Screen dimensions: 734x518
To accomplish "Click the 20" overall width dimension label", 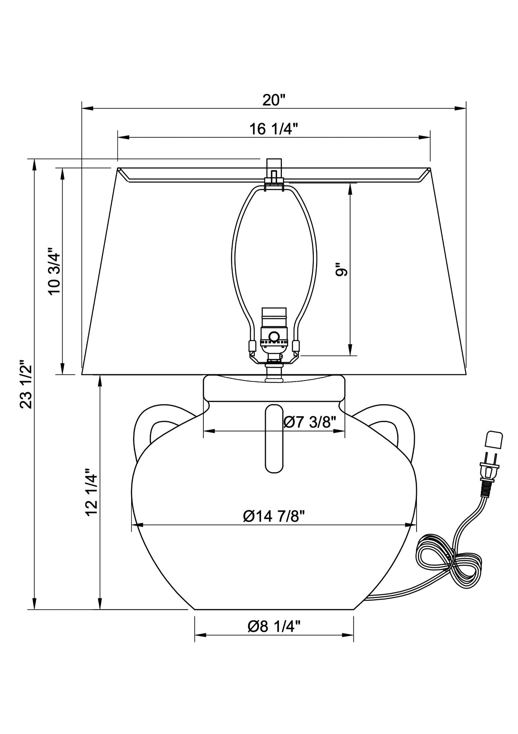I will pos(274,100).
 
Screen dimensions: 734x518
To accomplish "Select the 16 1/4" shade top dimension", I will pos(274,129).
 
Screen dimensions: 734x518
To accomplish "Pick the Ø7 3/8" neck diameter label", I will pos(309,421).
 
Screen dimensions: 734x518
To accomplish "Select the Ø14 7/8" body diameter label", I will pos(274,516).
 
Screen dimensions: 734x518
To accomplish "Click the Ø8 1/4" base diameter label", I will pos(274,626).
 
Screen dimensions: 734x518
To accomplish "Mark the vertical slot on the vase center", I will pos(274,438).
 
